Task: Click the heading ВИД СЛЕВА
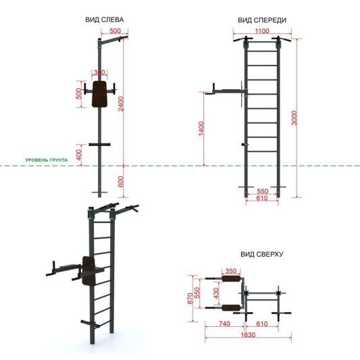click(x=105, y=20)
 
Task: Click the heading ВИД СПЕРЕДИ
click(x=262, y=20)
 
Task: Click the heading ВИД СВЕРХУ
click(x=262, y=254)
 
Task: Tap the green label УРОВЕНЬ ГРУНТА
click(x=47, y=160)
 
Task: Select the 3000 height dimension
click(x=294, y=118)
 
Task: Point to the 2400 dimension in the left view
click(x=121, y=104)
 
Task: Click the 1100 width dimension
click(x=262, y=31)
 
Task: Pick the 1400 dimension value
click(x=201, y=128)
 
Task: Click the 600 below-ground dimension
click(x=121, y=182)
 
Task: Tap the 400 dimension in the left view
click(x=79, y=155)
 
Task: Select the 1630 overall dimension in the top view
click(x=248, y=335)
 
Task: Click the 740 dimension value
click(x=224, y=324)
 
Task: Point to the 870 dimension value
click(x=190, y=299)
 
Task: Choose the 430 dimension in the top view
click(x=216, y=293)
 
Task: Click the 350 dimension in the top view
click(x=231, y=271)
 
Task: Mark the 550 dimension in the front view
click(x=263, y=191)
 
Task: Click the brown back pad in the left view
click(x=100, y=94)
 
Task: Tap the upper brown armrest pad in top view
click(x=231, y=279)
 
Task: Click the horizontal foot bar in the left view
click(x=99, y=145)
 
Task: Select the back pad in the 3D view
click(x=89, y=271)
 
